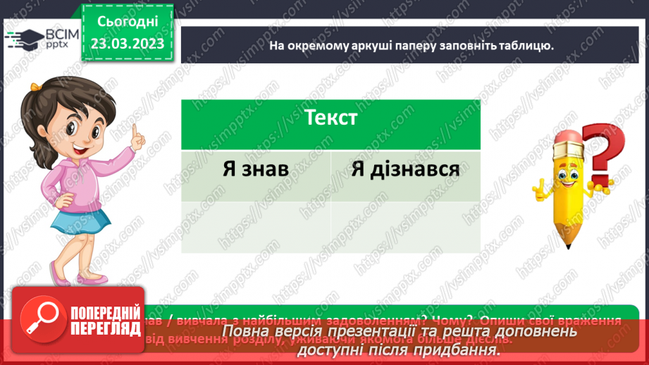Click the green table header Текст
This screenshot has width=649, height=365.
(330, 118)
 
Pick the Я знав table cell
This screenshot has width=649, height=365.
(255, 170)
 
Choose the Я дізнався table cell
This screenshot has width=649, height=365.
(405, 170)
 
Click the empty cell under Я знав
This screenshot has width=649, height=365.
(255, 225)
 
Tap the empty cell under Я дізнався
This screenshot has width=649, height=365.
(405, 225)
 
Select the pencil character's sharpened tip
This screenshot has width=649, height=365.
(568, 242)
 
